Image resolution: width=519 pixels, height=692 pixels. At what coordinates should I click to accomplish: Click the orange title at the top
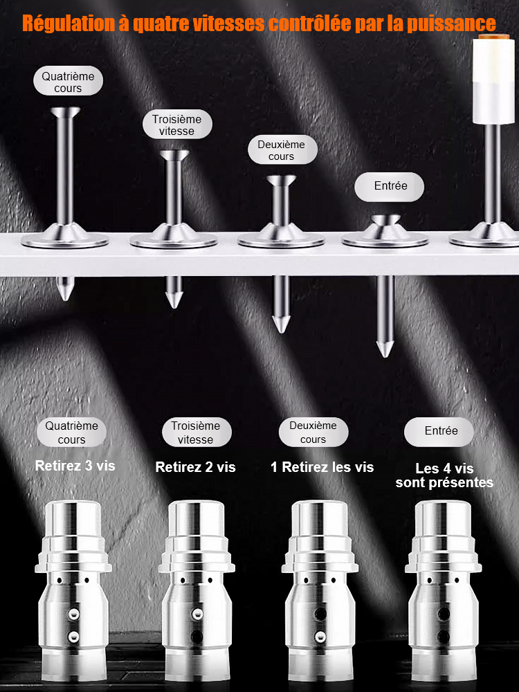[259, 24]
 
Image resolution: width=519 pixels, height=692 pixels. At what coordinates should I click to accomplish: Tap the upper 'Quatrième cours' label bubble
[68, 81]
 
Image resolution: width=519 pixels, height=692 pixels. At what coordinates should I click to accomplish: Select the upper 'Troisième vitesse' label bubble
[177, 125]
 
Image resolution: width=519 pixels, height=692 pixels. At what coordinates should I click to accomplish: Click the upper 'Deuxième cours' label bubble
[282, 150]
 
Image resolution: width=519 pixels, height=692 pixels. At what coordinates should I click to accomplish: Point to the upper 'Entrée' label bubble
[389, 187]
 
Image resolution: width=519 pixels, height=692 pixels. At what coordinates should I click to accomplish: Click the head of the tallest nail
[65, 111]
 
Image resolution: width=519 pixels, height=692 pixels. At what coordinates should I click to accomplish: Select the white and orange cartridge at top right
[493, 80]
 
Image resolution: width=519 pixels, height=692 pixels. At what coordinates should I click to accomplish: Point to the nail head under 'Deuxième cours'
[281, 180]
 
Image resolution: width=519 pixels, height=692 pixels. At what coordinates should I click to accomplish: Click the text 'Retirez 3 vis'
[75, 466]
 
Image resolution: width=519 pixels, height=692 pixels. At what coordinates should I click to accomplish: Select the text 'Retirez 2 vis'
[196, 467]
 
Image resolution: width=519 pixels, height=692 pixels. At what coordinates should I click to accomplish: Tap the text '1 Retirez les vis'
[322, 467]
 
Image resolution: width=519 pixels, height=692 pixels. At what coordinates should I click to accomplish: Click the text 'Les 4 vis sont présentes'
[444, 475]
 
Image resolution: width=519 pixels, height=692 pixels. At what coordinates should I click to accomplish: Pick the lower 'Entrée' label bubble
[439, 432]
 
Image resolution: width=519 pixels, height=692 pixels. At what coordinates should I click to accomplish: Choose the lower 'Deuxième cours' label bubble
[313, 432]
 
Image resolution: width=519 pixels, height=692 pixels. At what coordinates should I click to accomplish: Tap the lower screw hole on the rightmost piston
[444, 637]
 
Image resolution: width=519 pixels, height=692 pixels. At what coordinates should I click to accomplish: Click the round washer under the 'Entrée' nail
[385, 240]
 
